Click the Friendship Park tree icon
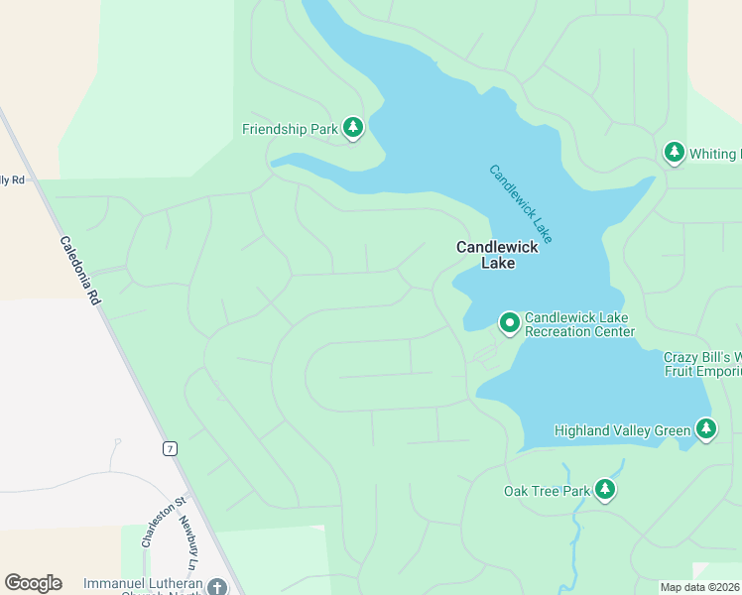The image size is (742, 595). [x=353, y=128]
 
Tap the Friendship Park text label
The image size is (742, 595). [x=290, y=129]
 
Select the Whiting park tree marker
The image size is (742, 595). [x=675, y=153]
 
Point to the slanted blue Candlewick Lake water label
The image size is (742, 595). [x=520, y=203]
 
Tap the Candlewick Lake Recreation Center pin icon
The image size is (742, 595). [x=509, y=323]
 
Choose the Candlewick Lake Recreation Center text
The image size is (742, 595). [x=579, y=324]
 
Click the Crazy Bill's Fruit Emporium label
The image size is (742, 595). [x=702, y=364]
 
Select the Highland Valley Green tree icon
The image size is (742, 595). [x=705, y=429]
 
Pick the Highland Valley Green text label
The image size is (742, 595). [x=622, y=430]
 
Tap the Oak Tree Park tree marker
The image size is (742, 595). [x=604, y=490]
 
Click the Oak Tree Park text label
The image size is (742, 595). [x=547, y=491]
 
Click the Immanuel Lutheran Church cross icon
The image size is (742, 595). [x=217, y=587]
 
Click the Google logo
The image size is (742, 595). [x=33, y=583]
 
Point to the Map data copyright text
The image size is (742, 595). [x=700, y=587]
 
